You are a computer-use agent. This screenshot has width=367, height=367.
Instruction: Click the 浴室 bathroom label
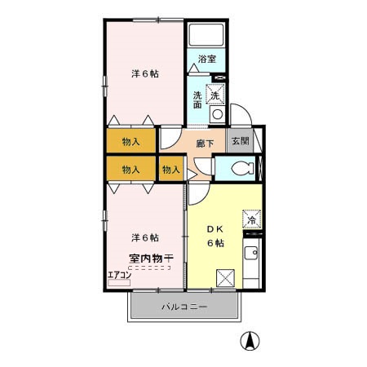pos(207,59)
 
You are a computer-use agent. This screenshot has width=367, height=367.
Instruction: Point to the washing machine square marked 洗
pos(216,92)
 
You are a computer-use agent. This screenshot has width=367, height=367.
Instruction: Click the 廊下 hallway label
pos(206,143)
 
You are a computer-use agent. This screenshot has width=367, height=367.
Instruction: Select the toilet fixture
pos(241,170)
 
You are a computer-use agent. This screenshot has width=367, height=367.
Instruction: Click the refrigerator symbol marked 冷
pos(252,219)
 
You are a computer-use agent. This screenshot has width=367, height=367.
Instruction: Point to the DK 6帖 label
pos(214,237)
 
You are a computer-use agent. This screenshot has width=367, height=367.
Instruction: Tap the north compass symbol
pos(248,341)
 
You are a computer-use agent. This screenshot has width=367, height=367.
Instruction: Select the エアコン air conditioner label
pos(119,274)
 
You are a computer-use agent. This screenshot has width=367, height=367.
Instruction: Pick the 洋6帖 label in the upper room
pos(144,74)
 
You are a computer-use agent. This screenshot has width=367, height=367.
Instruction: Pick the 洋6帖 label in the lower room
pos(144,237)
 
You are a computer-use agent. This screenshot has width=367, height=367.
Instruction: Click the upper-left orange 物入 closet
pos(130,141)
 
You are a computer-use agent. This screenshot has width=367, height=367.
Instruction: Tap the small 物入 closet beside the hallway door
pos(170,170)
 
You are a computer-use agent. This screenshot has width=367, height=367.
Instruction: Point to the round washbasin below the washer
pos(217,115)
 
